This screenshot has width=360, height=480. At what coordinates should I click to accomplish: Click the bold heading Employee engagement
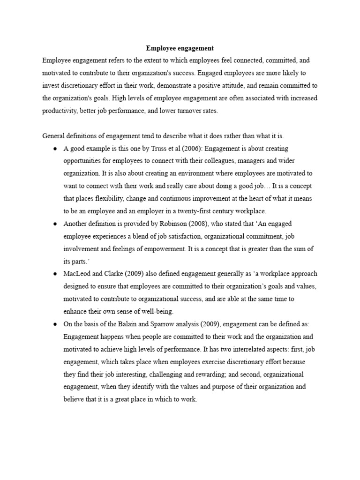[x=180, y=48]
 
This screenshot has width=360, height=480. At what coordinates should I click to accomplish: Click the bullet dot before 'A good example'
[x=55, y=149]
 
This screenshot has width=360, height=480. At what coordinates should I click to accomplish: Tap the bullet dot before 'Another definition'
[x=55, y=224]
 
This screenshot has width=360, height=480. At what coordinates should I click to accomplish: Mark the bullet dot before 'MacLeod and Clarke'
[x=55, y=274]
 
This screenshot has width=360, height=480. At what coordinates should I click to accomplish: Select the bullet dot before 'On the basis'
[x=55, y=324]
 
